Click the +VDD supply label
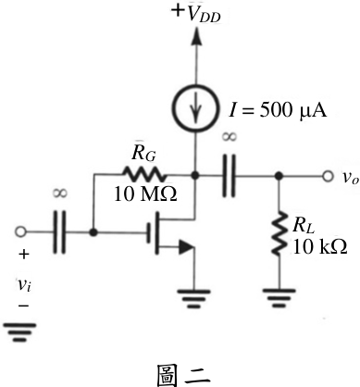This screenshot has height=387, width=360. [x=196, y=13]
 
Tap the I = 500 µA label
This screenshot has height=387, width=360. [x=278, y=110]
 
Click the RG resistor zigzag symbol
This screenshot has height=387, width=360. [x=144, y=175]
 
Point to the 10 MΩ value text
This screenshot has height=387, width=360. [x=145, y=194]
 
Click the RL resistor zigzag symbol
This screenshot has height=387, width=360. [x=279, y=233]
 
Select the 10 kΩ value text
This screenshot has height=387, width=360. [x=320, y=246]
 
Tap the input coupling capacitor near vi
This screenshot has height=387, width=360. [x=59, y=232]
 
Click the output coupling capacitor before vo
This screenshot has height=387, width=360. [x=229, y=176]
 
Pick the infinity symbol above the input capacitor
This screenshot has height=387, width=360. [x=60, y=193]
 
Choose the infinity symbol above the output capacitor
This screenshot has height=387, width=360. [x=230, y=137]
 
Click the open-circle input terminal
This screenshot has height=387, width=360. [x=20, y=231]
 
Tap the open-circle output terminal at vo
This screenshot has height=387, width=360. [x=328, y=176]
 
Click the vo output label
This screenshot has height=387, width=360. [x=351, y=177]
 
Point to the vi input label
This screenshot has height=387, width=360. [x=23, y=284]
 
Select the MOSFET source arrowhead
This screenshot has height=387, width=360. [x=187, y=246]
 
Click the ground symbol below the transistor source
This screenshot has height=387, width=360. [x=194, y=298]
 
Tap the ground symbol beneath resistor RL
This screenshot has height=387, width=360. [x=279, y=298]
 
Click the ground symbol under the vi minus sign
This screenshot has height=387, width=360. [x=20, y=332]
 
